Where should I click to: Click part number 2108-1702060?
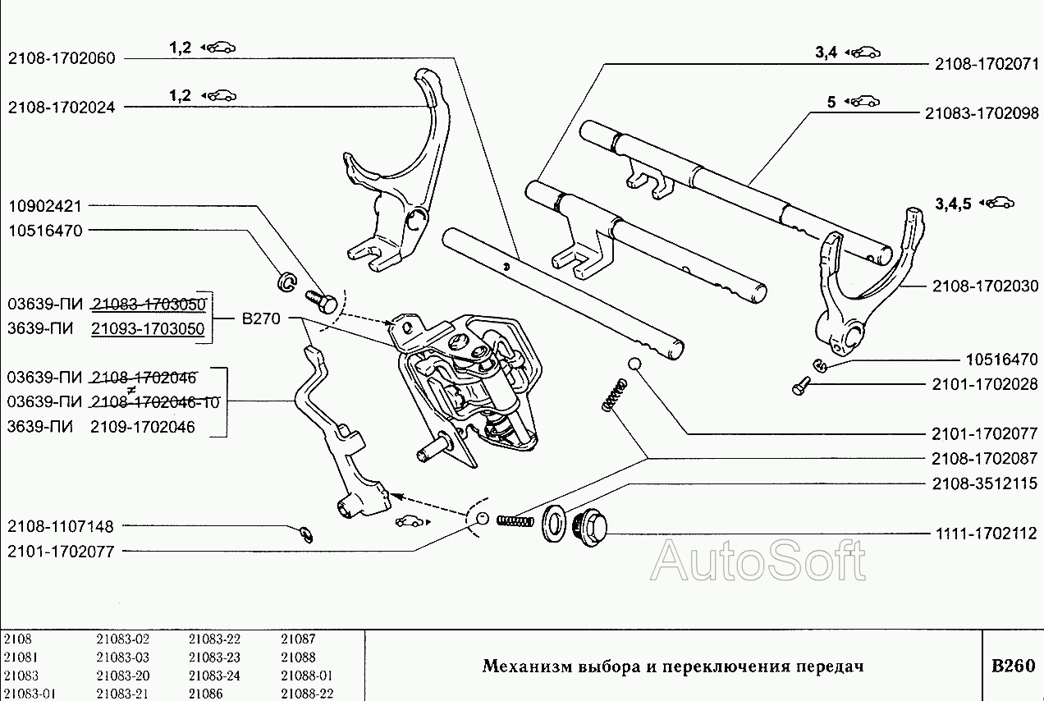[62, 58]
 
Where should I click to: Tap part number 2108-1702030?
[985, 286]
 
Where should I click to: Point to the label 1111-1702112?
[985, 534]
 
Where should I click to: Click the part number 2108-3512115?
[985, 483]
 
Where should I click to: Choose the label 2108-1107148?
[62, 526]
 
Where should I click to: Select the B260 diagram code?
[1013, 666]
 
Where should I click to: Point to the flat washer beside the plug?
[552, 523]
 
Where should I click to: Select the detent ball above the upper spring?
[634, 364]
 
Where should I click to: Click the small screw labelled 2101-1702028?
[800, 383]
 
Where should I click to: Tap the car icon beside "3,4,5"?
[1001, 203]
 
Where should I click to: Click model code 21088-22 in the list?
[306, 694]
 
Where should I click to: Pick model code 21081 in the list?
[20, 657]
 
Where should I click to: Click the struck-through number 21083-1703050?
[149, 305]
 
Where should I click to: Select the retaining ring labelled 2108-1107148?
[305, 534]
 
